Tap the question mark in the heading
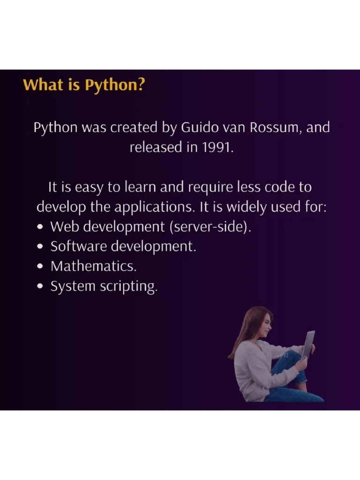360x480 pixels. point(141,84)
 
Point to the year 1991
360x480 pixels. point(217,147)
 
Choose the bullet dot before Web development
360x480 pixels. point(40,227)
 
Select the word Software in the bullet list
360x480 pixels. point(79,246)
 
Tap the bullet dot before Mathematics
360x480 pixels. point(40,267)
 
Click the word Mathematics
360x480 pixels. point(93,266)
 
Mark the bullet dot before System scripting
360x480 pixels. point(40,286)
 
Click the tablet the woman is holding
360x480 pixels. point(308,345)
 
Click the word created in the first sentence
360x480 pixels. point(134,127)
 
